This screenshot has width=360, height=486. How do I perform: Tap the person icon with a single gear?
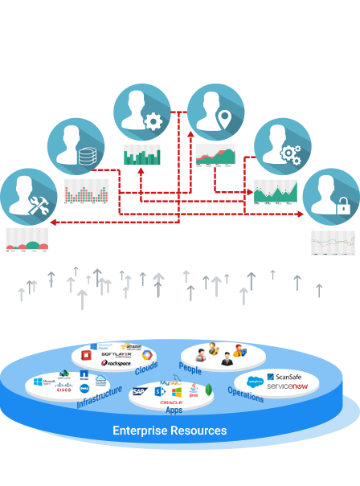click(x=141, y=112)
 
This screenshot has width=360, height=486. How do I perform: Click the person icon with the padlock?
click(x=330, y=196)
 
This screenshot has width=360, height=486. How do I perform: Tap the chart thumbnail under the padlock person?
click(x=333, y=242)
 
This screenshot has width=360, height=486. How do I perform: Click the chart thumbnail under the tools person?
click(x=27, y=239)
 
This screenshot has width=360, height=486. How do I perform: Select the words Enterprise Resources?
click(x=170, y=431)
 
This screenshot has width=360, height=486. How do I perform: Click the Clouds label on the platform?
click(x=146, y=368)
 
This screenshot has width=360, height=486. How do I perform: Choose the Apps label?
click(x=174, y=410)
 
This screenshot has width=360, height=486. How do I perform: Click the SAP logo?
click(x=139, y=392)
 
